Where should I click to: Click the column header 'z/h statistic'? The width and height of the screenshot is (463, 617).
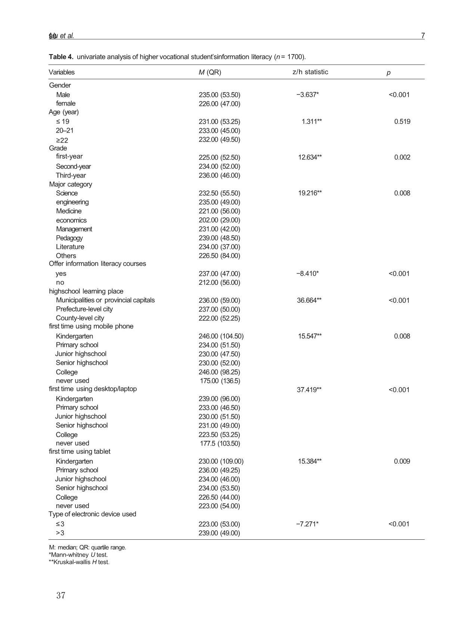[x=310, y=72]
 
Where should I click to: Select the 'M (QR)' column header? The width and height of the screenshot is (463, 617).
[x=210, y=72]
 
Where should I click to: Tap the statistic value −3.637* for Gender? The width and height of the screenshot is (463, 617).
[x=307, y=95]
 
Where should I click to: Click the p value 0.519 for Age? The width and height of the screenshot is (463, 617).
[x=402, y=122]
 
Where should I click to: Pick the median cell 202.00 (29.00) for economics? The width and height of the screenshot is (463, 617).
[x=219, y=220]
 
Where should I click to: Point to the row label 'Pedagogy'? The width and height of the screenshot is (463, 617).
[x=69, y=238]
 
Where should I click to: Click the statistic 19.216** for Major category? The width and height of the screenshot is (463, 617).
[x=310, y=193]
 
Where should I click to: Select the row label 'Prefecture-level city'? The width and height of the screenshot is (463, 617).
[x=84, y=309]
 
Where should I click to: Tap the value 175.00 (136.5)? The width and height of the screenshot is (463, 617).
[x=220, y=381]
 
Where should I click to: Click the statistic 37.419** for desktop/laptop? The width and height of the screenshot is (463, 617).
[x=309, y=390]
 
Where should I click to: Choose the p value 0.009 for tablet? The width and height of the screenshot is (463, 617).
[x=402, y=461]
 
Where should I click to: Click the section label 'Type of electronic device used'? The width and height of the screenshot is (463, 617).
[x=92, y=514]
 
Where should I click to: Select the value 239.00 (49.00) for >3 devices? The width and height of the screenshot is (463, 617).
[x=219, y=533]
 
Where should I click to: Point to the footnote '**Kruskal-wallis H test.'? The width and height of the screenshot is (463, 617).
[x=79, y=562]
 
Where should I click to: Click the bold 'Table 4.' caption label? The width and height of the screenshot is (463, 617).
[x=61, y=57]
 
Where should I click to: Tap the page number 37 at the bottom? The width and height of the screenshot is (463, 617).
[x=61, y=595]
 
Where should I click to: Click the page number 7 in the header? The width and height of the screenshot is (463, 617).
[x=423, y=36]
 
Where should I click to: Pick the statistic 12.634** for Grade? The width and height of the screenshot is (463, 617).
[x=310, y=158]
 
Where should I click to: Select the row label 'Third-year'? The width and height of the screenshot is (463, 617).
[x=71, y=175]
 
